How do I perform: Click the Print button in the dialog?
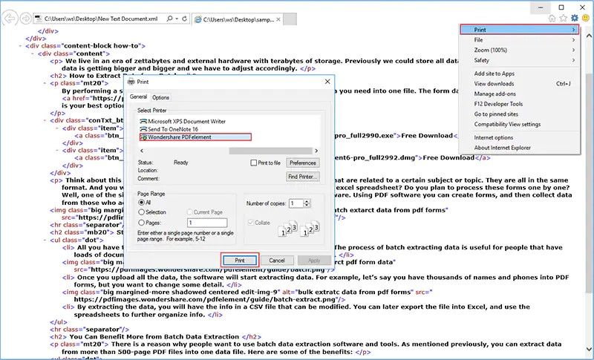click(x=239, y=261)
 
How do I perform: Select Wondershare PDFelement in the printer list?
click(x=195, y=137)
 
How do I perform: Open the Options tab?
click(x=160, y=97)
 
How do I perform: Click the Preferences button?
click(x=303, y=163)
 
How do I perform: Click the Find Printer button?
click(x=303, y=177)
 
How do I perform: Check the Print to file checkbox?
click(x=254, y=163)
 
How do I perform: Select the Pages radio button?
click(x=142, y=222)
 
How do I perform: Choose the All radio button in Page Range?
click(x=142, y=202)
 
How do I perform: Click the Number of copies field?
click(x=296, y=203)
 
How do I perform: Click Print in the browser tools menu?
click(x=518, y=30)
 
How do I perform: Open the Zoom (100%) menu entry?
click(x=490, y=50)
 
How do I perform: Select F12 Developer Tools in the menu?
click(x=499, y=104)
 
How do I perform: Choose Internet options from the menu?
click(x=494, y=137)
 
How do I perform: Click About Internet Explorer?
click(x=503, y=148)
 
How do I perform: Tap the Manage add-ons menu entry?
click(x=495, y=94)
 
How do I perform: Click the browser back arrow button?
click(x=10, y=16)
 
